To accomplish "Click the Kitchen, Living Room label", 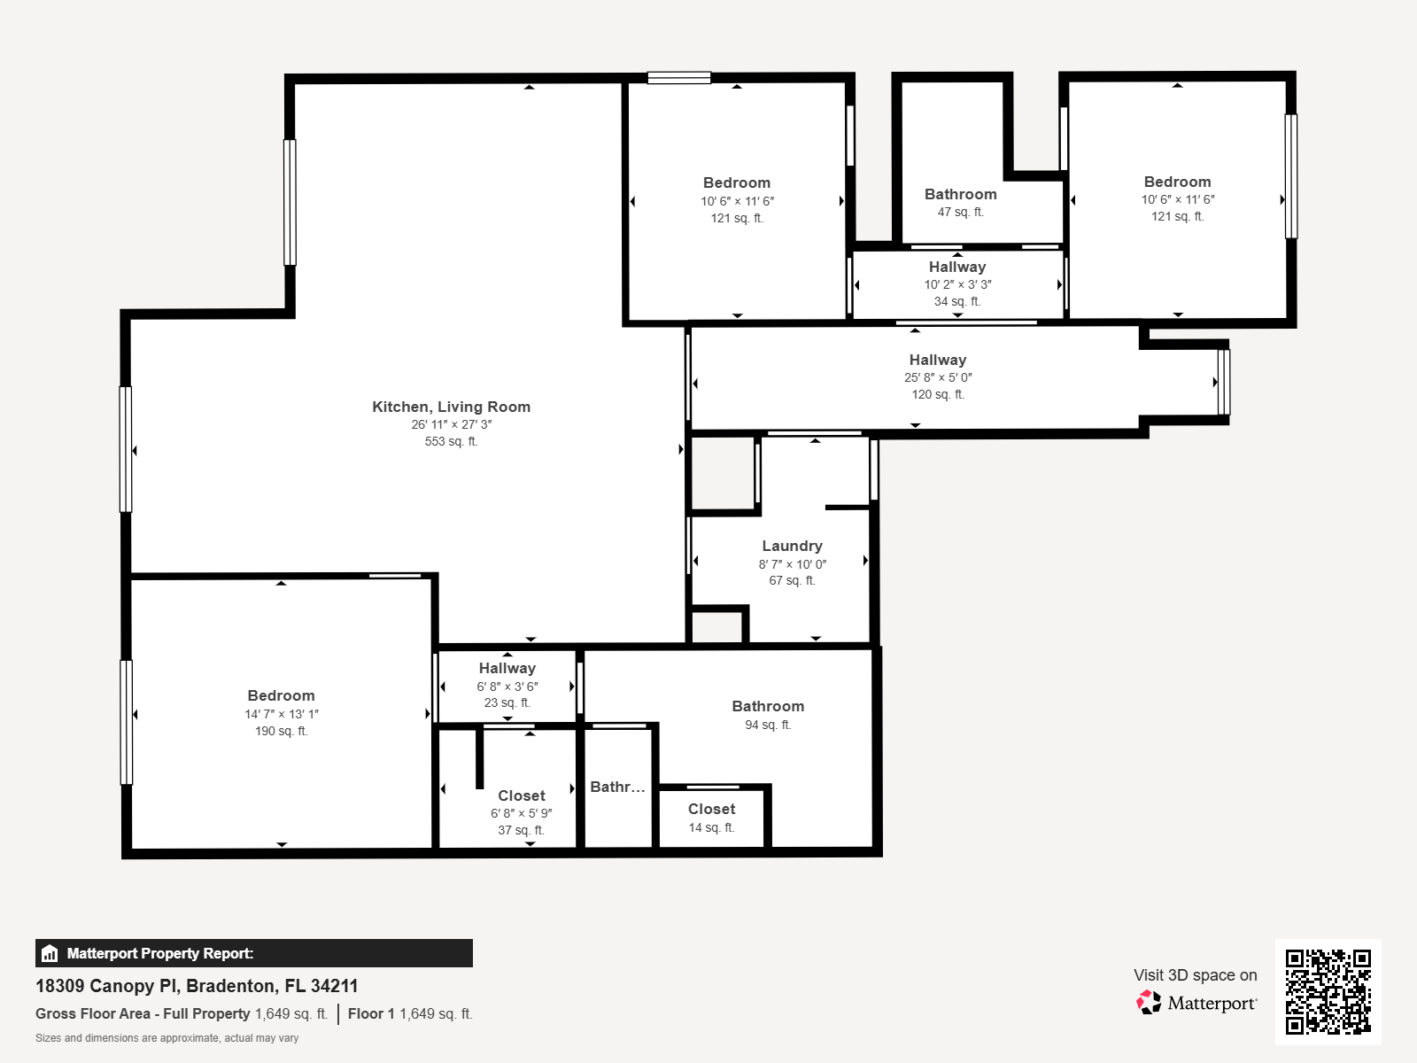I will click(451, 407).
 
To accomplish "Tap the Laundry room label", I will click(792, 546).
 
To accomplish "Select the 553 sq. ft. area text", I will click(451, 441).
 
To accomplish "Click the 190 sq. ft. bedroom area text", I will click(281, 731).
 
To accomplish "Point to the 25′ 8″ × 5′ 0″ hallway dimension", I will click(938, 377).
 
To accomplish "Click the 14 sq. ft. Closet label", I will click(711, 809).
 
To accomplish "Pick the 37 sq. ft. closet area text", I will click(521, 830).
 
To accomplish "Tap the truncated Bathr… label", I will click(617, 787).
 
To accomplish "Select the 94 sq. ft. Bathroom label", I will click(768, 706).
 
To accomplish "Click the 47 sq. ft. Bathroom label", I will click(960, 194).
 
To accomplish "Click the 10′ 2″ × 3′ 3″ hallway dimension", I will click(957, 284).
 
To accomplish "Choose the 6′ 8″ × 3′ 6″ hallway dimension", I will click(507, 687).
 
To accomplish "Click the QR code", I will click(1328, 991).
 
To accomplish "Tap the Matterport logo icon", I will click(1149, 1003).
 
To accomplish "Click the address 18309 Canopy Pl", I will click(197, 986).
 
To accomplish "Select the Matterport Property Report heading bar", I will click(253, 953).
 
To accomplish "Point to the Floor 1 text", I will click(371, 1013).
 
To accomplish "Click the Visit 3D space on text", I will click(1195, 974).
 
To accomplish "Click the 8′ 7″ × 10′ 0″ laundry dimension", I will click(792, 564).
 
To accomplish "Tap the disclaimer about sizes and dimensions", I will click(166, 1038).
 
